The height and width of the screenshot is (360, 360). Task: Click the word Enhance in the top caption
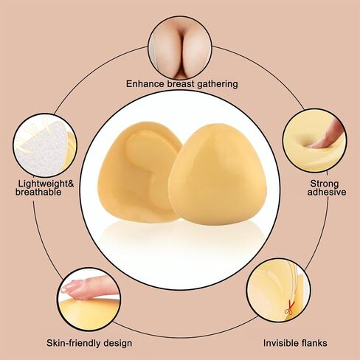145,84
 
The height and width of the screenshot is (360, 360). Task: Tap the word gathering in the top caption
218,84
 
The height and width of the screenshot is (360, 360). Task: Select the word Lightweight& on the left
46,184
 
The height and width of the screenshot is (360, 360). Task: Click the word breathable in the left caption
38,192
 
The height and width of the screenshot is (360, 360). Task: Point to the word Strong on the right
325,184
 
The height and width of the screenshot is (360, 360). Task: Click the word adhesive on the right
327,192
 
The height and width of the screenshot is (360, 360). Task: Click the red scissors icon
290,308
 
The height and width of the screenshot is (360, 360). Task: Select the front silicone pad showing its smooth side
218,174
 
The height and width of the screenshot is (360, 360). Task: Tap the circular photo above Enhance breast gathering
180,48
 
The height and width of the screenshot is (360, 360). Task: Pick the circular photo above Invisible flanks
278,290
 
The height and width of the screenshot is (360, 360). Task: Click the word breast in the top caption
181,84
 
